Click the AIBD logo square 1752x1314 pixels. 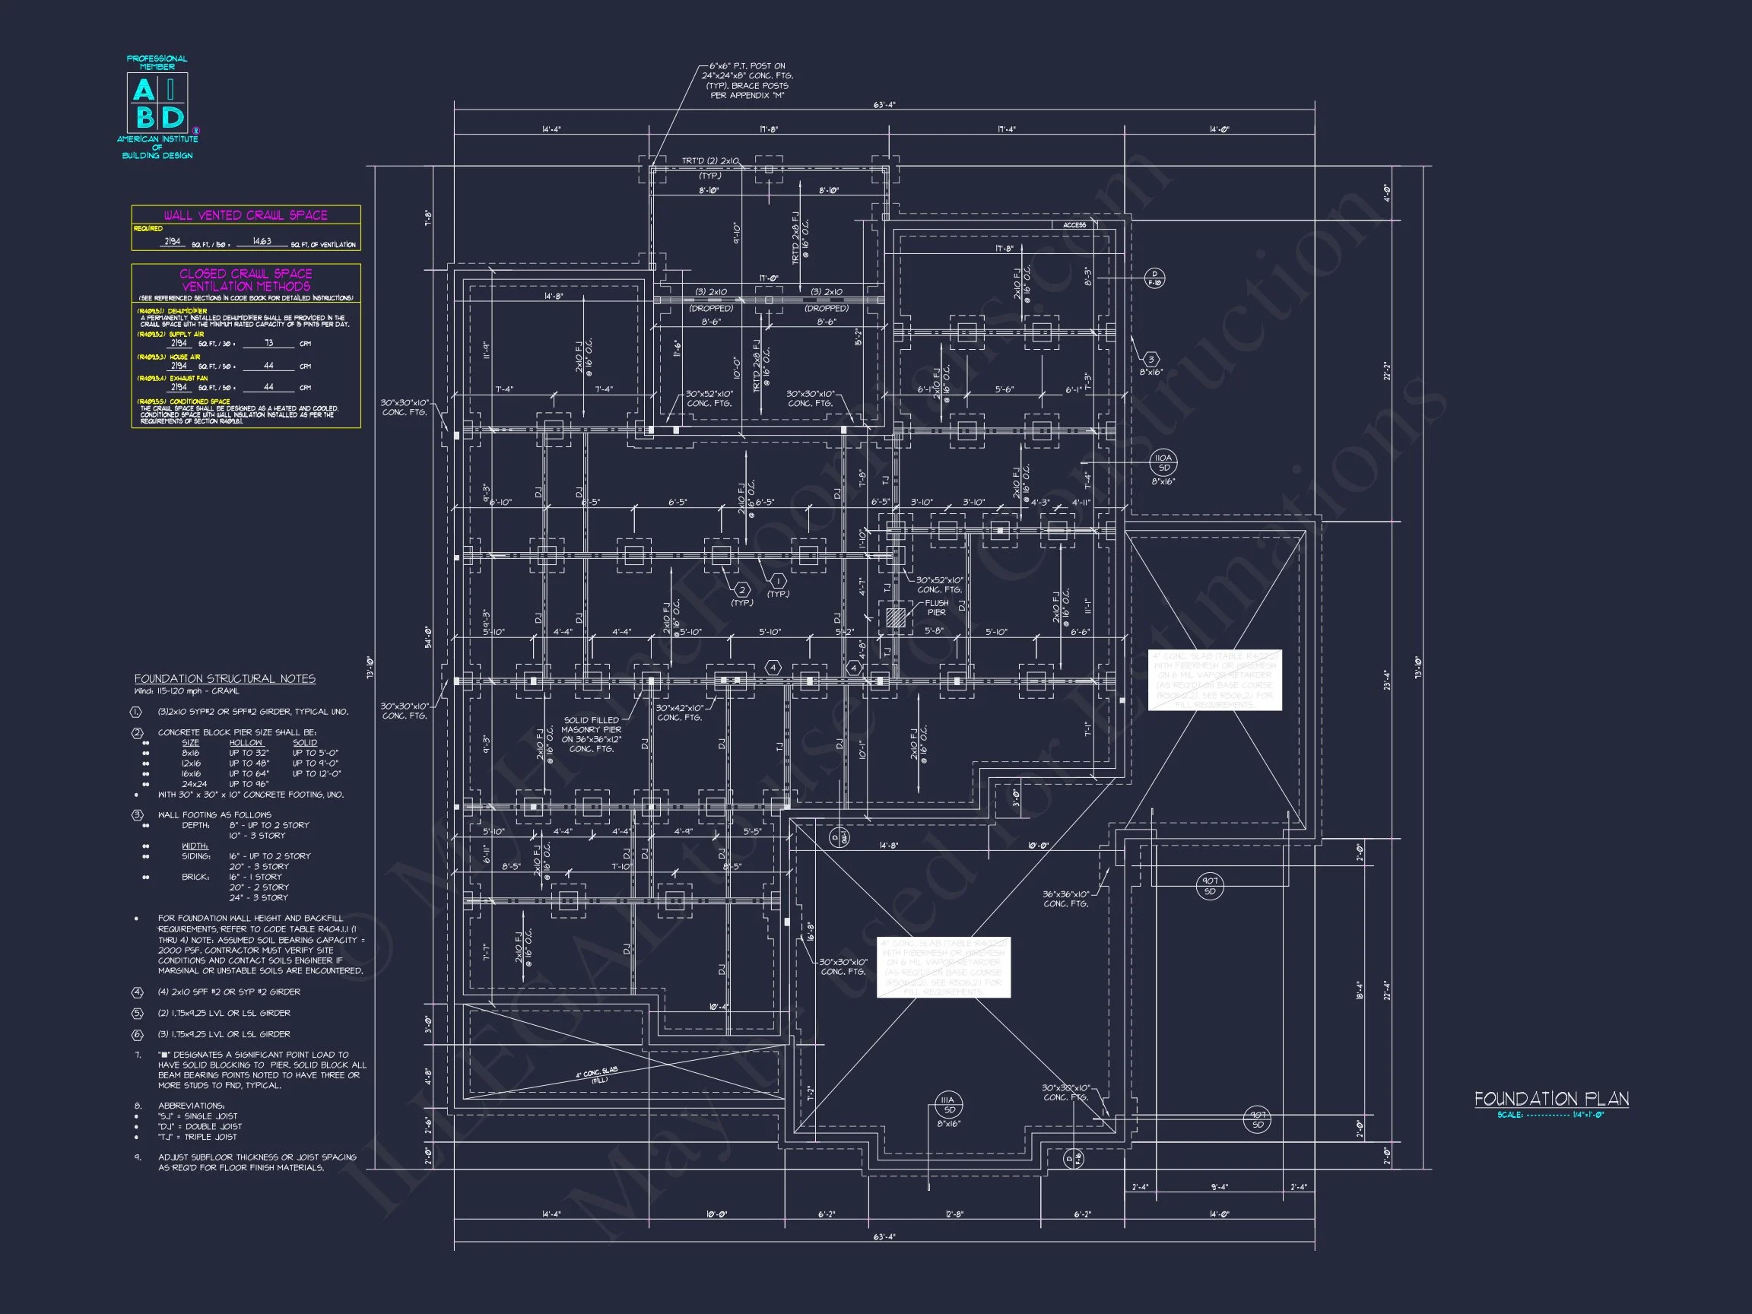coord(157,103)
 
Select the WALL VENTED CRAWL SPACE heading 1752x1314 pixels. coord(246,215)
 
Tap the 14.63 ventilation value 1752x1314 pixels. coord(262,242)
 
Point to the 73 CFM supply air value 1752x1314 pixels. coord(268,344)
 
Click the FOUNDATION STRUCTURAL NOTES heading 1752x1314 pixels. coord(225,679)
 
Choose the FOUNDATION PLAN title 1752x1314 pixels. coord(1550,1099)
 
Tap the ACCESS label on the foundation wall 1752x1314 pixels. coord(1074,225)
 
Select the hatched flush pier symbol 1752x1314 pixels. coord(895,617)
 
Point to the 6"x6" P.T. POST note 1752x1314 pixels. coord(747,81)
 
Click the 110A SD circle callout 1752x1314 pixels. coord(1163,462)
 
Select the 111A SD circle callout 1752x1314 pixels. coord(948,1104)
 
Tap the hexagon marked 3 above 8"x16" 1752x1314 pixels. coord(1151,360)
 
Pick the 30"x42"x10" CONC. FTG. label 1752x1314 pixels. coord(679,712)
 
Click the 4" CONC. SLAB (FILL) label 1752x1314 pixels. coord(598,1074)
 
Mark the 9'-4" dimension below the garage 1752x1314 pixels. coord(1220,1187)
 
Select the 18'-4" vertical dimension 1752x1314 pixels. coord(1359,990)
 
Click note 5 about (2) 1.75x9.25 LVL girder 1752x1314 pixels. coord(224,1013)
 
